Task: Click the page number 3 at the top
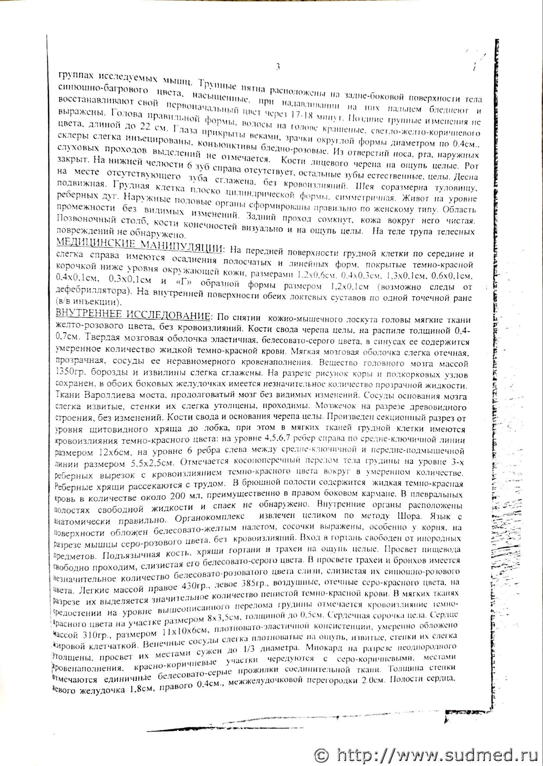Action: point(278,67)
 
